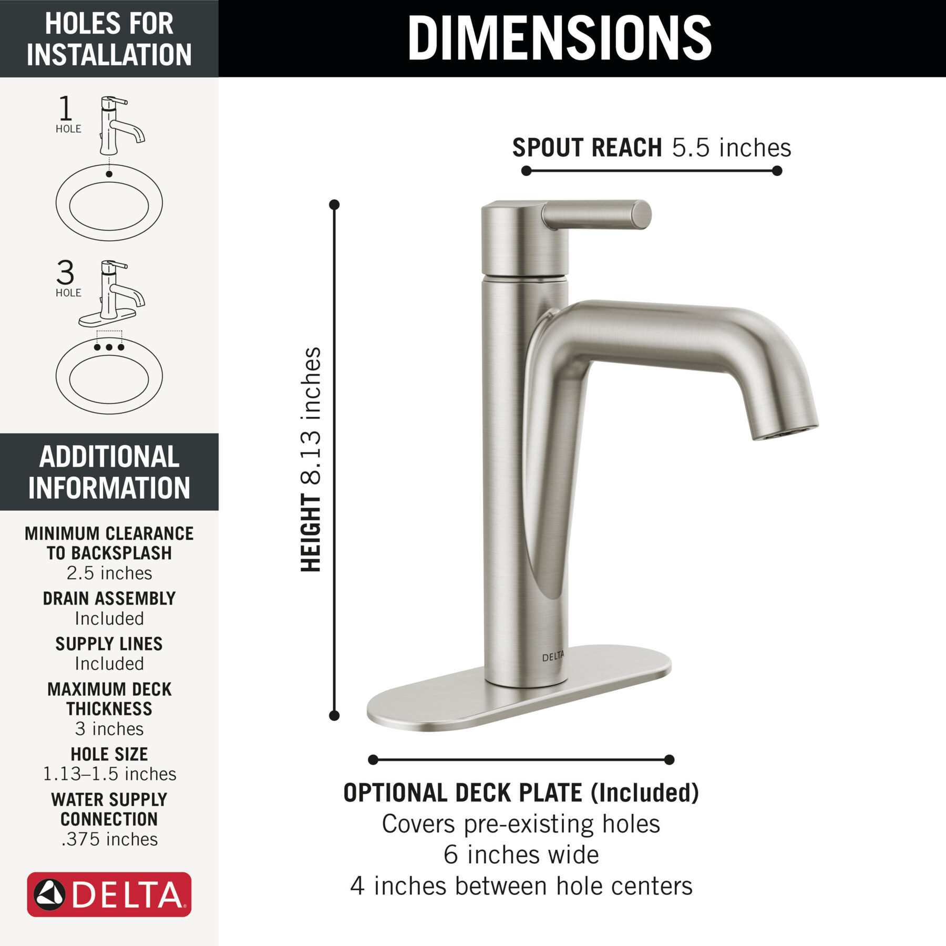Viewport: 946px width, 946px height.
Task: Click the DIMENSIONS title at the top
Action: tap(559, 38)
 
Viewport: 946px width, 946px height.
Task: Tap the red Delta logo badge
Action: tap(109, 894)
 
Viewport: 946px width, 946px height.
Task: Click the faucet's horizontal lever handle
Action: tap(597, 215)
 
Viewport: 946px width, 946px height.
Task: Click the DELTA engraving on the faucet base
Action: tap(553, 656)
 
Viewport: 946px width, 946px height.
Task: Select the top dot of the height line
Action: tap(334, 204)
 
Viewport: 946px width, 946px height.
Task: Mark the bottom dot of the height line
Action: tap(334, 715)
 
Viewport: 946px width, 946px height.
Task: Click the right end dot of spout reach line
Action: tap(777, 171)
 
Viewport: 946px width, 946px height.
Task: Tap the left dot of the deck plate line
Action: tap(373, 759)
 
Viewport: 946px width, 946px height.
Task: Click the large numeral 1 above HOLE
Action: tap(65, 108)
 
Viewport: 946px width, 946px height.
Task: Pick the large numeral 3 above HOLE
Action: tap(65, 272)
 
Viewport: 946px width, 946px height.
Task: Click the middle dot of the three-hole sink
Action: tap(109, 347)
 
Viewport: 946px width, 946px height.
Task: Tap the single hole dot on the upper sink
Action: tap(109, 174)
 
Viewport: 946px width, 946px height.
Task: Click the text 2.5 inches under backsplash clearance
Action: tap(109, 573)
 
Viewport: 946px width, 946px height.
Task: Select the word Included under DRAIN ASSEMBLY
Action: tap(109, 619)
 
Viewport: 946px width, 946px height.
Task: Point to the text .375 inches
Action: tap(109, 839)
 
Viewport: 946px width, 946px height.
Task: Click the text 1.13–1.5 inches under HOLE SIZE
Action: tap(109, 774)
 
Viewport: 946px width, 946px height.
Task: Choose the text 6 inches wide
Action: tap(521, 855)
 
